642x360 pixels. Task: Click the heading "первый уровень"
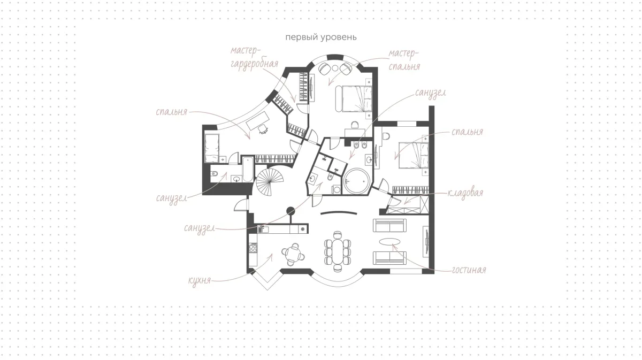[x=321, y=37]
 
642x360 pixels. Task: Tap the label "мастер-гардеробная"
[x=255, y=57]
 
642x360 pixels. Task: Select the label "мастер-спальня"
[x=404, y=60]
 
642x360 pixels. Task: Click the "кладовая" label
[x=465, y=193]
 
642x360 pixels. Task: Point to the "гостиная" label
[x=469, y=270]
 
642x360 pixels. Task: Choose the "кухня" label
[x=200, y=280]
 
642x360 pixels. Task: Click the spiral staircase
[x=270, y=182]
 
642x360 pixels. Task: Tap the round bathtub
[x=356, y=182]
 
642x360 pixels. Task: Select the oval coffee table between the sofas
[x=389, y=242]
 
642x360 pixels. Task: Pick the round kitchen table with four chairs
[x=293, y=254]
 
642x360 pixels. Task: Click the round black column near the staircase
[x=291, y=211]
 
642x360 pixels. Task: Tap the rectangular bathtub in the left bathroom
[x=248, y=169]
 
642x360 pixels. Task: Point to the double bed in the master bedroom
[x=354, y=98]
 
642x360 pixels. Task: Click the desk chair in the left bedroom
[x=263, y=129]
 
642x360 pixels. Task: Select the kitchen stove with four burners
[x=253, y=248]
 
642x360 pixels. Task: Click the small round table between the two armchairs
[x=335, y=68]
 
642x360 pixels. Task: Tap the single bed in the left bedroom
[x=212, y=148]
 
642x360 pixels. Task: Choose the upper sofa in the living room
[x=389, y=225]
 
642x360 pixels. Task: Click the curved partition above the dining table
[x=339, y=212]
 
